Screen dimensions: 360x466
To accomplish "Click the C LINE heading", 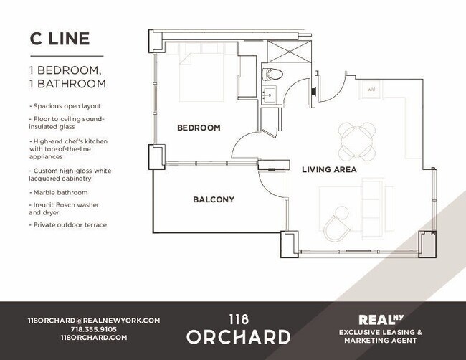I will (60, 39).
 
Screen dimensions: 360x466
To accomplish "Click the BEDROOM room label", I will (199, 128).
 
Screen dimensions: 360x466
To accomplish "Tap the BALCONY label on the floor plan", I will (214, 199).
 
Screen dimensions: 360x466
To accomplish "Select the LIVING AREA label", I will (329, 170).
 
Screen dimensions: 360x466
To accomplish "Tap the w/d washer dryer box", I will (371, 90).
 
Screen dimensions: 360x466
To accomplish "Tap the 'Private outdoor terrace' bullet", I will (69, 224).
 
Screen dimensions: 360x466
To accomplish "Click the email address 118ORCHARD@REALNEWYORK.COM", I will (93, 321).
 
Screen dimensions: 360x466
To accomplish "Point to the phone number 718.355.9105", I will (93, 329).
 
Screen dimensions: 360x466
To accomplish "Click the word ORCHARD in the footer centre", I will (239, 336).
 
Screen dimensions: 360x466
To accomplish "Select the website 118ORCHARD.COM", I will (93, 337).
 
